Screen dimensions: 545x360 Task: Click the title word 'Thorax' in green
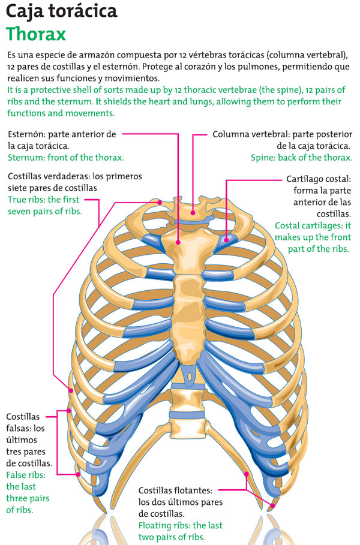(36, 34)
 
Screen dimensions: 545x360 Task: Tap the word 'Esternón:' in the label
(28, 134)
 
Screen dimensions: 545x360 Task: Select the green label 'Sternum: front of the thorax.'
(65, 157)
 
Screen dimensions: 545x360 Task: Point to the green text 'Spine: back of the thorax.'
(301, 157)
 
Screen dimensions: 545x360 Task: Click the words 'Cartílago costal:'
(318, 179)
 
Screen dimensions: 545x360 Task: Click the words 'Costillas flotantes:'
(175, 490)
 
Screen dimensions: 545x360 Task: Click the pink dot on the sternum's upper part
(179, 242)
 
